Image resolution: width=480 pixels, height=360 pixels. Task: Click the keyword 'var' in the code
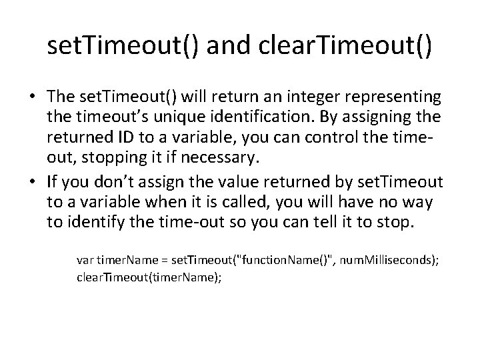[x=85, y=261]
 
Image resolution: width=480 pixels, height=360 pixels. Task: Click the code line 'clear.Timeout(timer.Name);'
[x=148, y=275]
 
